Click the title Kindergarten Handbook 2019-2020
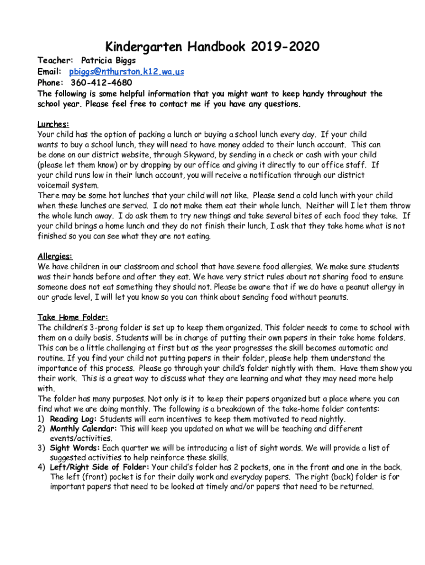point(212,47)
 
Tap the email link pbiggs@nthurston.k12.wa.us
point(126,72)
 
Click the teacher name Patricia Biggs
point(108,60)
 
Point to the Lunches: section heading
point(53,124)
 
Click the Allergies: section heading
point(55,256)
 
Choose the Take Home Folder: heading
point(73,317)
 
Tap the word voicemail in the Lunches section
point(56,185)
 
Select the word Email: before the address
point(50,72)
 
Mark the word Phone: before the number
point(51,83)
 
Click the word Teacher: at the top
point(55,60)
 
